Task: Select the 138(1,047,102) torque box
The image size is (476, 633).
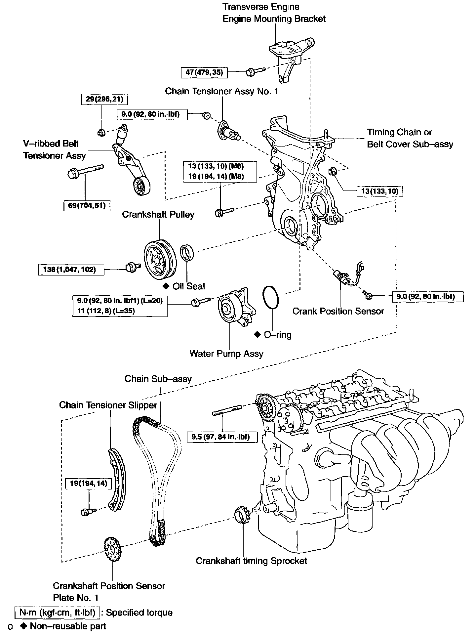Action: pos(71,270)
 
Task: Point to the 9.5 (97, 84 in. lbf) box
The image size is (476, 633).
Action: pos(222,437)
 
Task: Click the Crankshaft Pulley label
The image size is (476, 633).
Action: pos(158,214)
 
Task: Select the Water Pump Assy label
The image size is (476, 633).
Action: pos(226,354)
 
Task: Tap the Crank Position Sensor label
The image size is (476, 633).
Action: pos(338,311)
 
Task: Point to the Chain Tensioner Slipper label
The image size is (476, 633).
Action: pos(108,405)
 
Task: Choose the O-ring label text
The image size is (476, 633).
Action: pos(278,335)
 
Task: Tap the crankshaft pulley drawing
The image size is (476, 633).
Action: pos(160,260)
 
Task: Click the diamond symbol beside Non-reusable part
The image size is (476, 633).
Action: pos(23,626)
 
